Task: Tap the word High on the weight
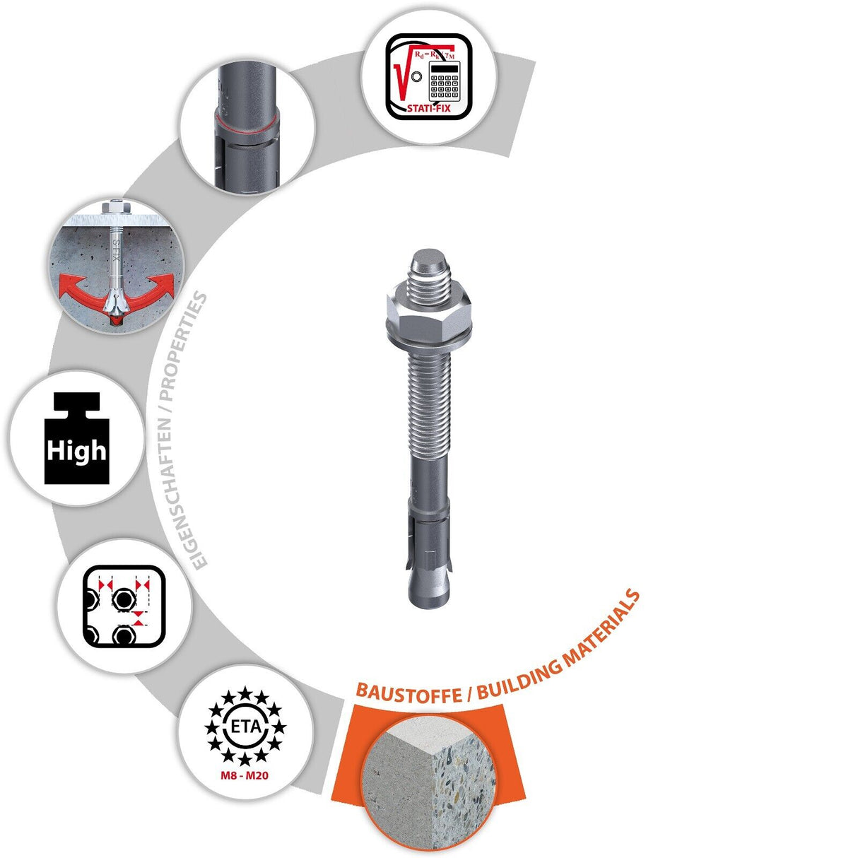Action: (76, 450)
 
